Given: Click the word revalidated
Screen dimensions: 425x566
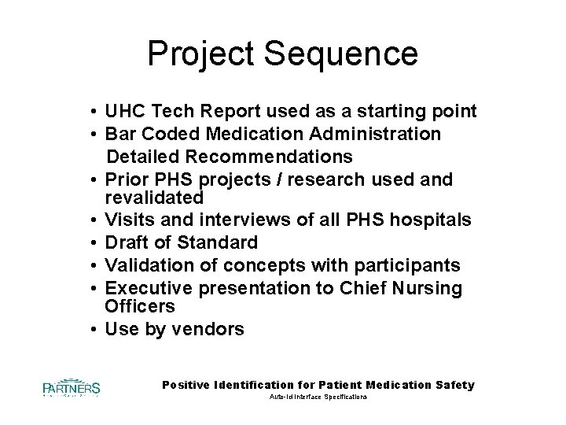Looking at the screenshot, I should [155, 197].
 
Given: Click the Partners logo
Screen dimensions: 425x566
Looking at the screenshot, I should [72, 388].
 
